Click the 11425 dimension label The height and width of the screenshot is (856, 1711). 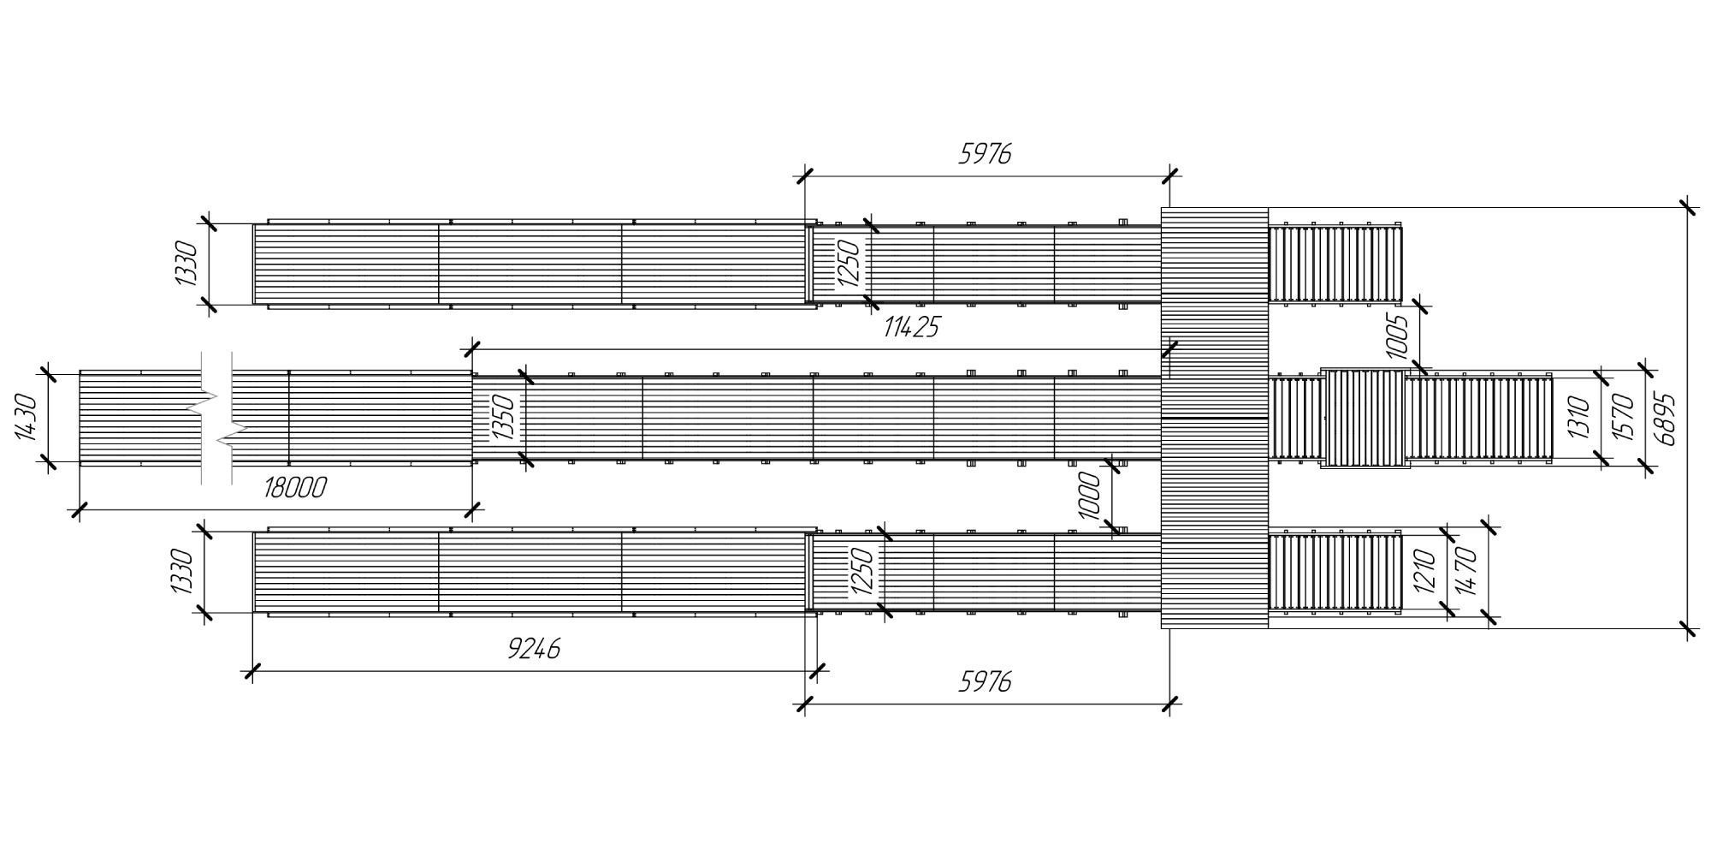(911, 327)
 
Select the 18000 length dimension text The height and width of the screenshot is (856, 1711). (295, 488)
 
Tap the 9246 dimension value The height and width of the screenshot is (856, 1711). (534, 649)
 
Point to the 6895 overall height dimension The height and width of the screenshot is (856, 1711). (1665, 419)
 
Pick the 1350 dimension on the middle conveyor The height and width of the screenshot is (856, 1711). (505, 418)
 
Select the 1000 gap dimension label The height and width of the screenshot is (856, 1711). (1088, 496)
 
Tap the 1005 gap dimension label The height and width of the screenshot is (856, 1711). (1395, 337)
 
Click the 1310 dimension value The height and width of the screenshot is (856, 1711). (1578, 418)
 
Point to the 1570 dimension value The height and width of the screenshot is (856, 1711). (1625, 418)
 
